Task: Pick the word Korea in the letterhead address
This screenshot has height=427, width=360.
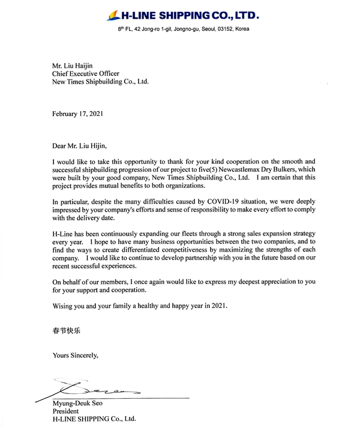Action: pos(242,29)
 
